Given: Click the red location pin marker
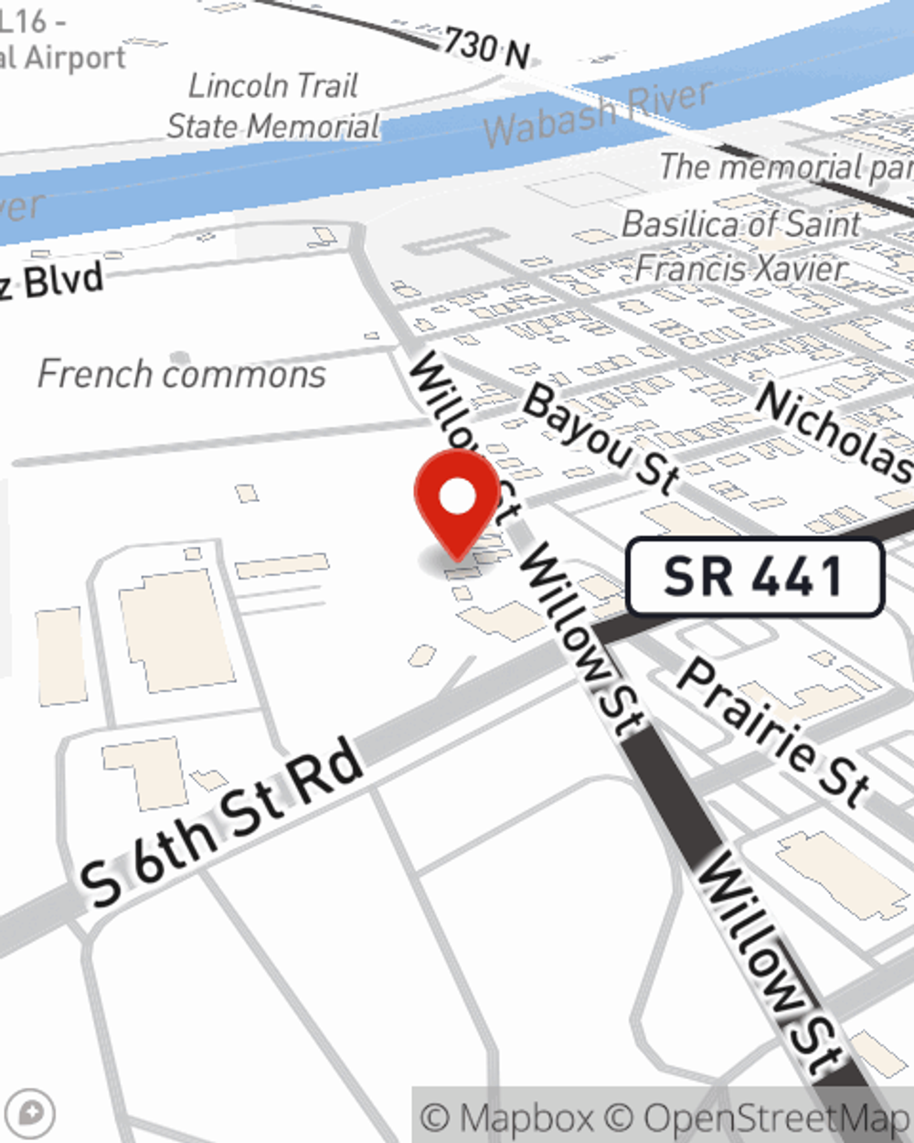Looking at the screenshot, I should click(x=457, y=507).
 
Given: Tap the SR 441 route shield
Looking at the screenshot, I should click(x=755, y=577).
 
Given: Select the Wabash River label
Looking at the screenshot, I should click(x=599, y=113).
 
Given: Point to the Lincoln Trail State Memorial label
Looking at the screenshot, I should click(x=272, y=106).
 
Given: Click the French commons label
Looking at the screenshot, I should click(x=182, y=374).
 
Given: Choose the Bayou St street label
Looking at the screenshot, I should click(x=601, y=437).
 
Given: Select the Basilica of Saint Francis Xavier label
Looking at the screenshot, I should click(x=740, y=246).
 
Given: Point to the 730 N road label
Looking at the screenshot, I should click(x=486, y=48).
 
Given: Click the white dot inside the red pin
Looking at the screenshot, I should click(x=458, y=497).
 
